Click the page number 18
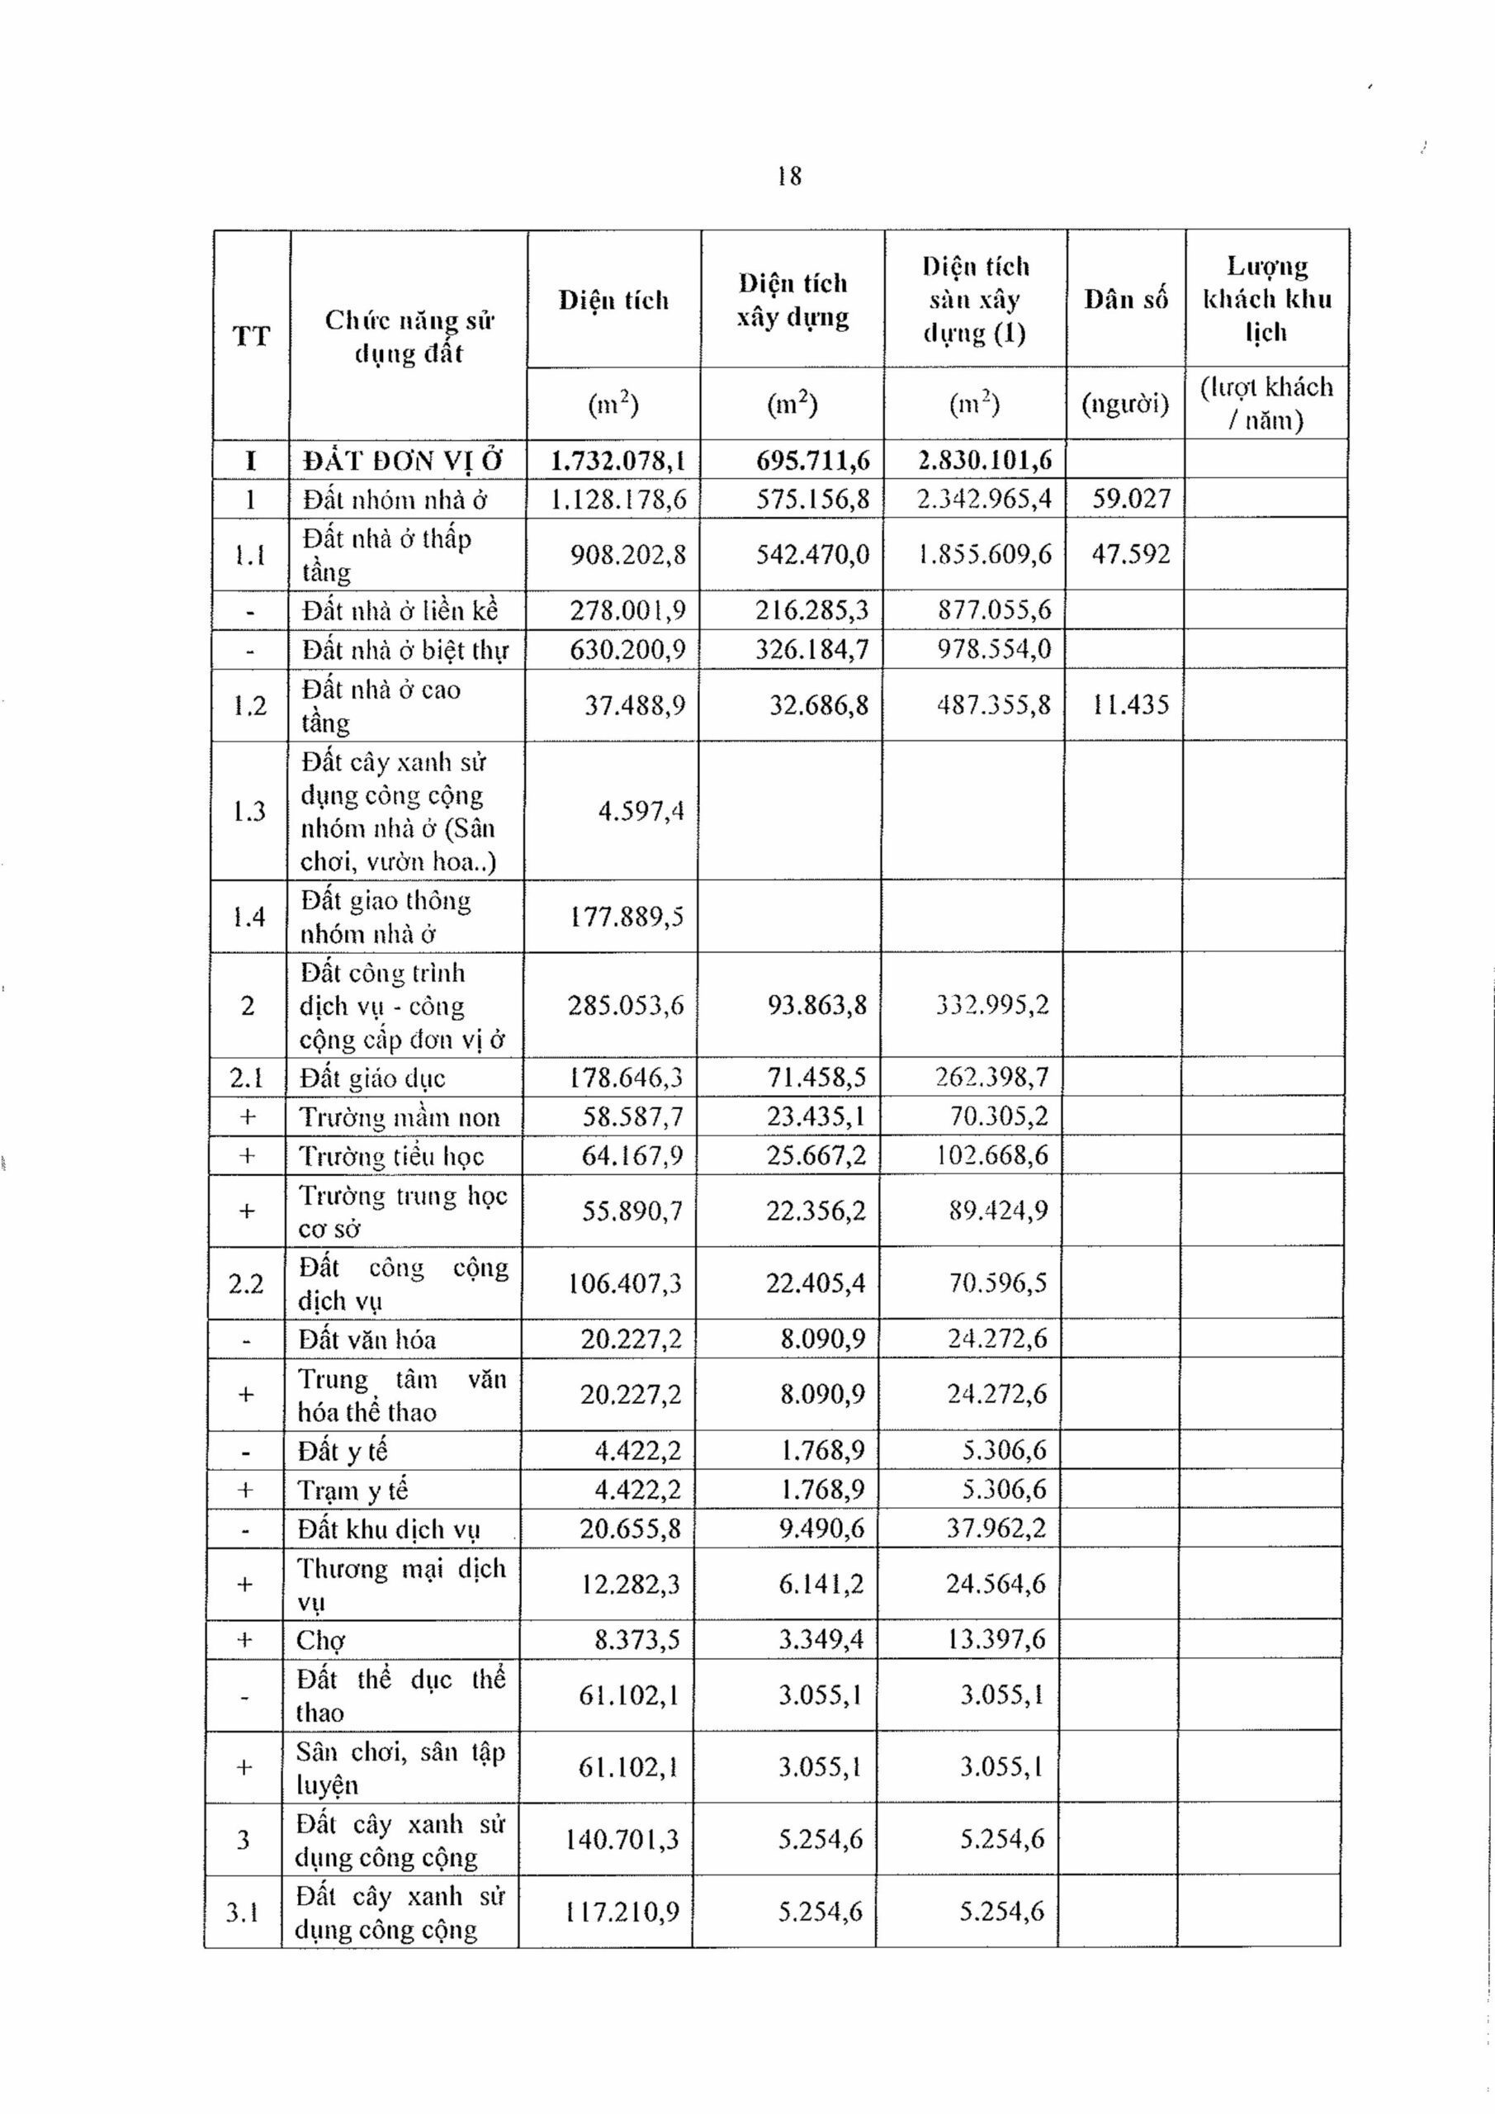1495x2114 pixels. coord(789,176)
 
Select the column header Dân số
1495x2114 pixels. coord(1126,299)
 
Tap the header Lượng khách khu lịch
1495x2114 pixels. coord(1266,298)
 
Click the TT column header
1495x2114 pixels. coord(251,336)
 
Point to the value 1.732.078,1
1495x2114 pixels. coord(617,459)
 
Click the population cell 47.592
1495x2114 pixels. coord(1130,554)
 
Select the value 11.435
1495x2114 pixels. coord(1129,705)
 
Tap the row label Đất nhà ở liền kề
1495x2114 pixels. coord(400,610)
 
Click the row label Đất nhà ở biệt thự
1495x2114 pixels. coord(405,650)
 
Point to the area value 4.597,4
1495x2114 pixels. coord(641,811)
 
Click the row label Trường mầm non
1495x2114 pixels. coord(399,1116)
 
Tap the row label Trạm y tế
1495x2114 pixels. coord(352,1490)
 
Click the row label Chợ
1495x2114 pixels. coord(320,1640)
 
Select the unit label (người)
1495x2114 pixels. coord(1125,403)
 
